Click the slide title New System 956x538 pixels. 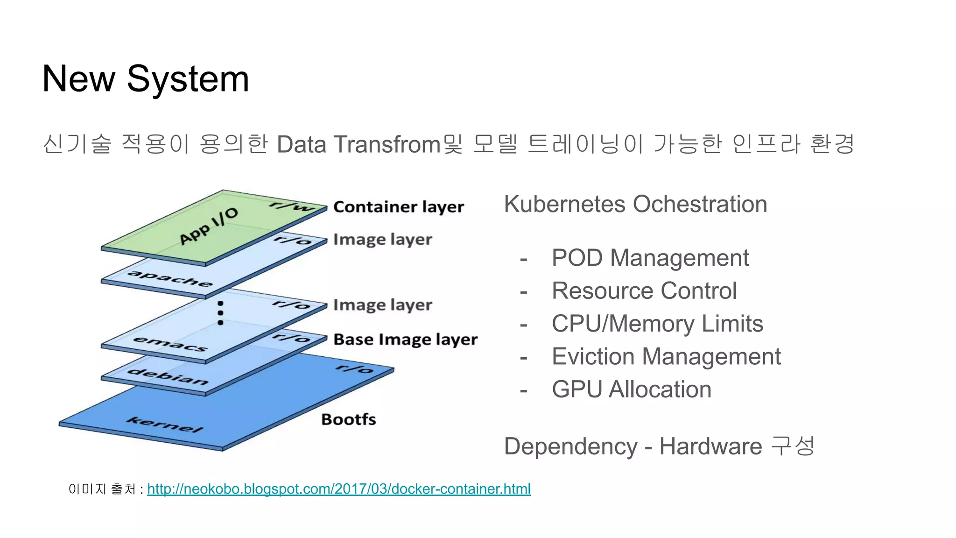(145, 79)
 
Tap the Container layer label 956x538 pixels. (398, 207)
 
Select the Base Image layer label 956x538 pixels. (405, 340)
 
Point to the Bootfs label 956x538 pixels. (348, 419)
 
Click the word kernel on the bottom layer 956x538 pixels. (165, 424)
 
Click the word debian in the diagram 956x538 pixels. (168, 376)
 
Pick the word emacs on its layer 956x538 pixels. (170, 344)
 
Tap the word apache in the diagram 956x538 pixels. (170, 278)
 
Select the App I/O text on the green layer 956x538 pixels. (209, 226)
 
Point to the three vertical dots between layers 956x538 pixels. (220, 313)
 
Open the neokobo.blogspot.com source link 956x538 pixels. (339, 489)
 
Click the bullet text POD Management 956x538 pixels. (650, 258)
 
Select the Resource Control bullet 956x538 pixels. (644, 291)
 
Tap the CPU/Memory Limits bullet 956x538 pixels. (657, 324)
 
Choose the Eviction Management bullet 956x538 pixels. (666, 357)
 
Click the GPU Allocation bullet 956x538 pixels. (631, 389)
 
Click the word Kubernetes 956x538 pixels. (564, 205)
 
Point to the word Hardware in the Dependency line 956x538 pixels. (710, 446)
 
